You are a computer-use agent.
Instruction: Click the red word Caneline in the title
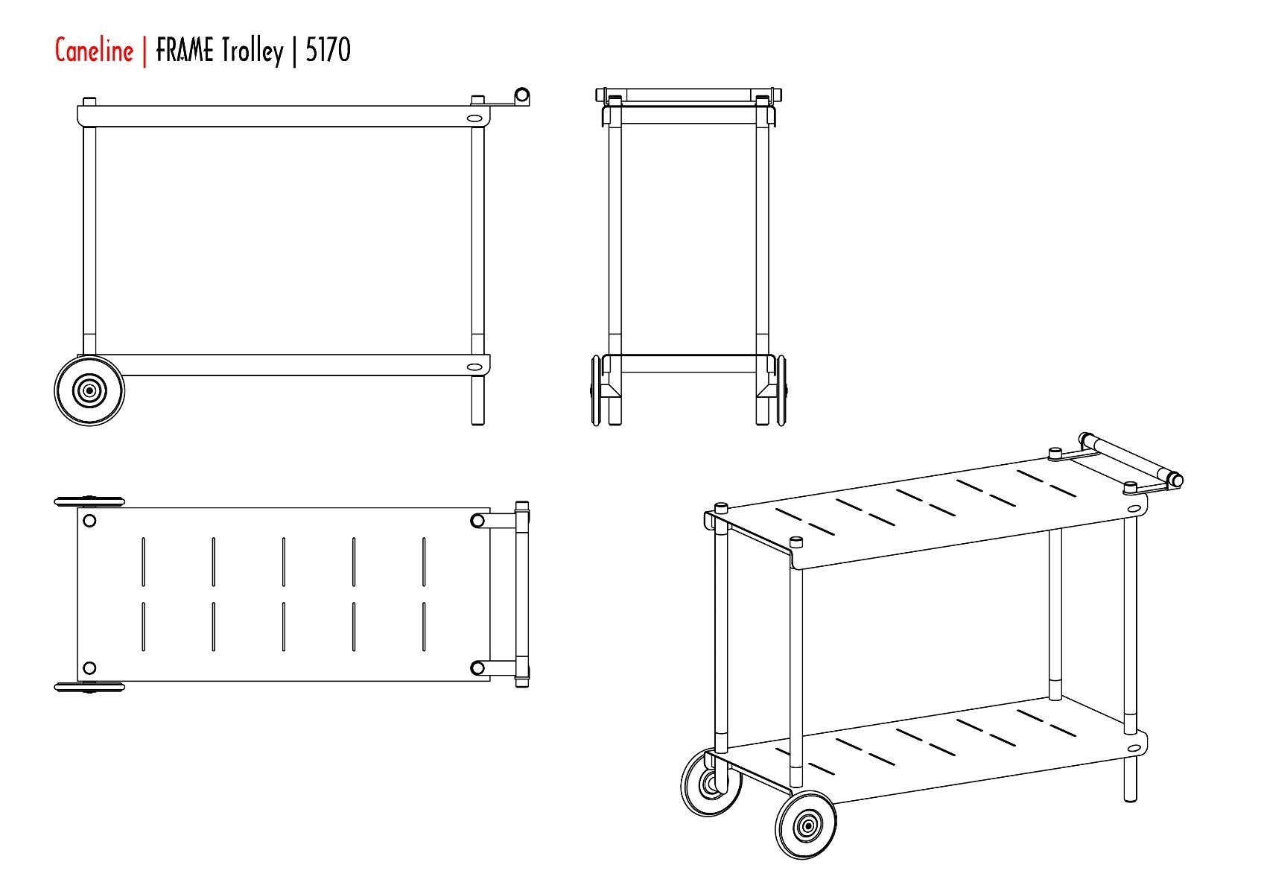(95, 50)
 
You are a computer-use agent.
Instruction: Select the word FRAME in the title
(185, 50)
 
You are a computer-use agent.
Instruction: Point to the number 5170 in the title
(328, 50)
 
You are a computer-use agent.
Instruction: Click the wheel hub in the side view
(89, 390)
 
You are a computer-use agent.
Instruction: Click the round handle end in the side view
(523, 95)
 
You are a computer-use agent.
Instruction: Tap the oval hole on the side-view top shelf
(475, 119)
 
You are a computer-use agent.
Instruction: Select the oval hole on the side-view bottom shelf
(475, 367)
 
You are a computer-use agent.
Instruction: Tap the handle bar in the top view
(522, 595)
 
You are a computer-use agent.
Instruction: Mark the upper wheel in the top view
(89, 501)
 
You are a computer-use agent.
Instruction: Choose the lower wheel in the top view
(89, 687)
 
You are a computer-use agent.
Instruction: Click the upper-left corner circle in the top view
(89, 520)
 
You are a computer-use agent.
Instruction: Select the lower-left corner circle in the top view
(89, 668)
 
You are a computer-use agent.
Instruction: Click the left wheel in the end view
(596, 390)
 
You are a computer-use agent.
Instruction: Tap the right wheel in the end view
(781, 390)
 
